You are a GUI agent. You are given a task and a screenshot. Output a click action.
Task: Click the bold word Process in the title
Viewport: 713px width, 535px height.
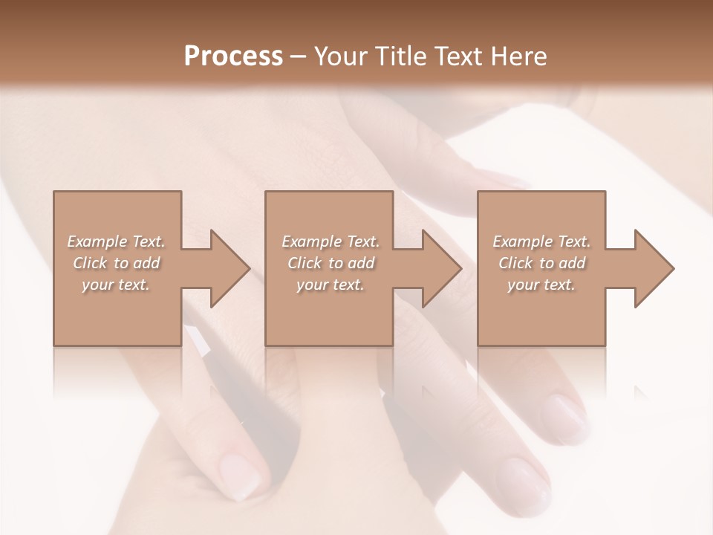[233, 56]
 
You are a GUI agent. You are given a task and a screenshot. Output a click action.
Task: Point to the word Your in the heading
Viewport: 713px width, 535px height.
[341, 56]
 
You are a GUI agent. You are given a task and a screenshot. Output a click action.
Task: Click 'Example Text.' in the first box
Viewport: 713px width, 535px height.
[116, 241]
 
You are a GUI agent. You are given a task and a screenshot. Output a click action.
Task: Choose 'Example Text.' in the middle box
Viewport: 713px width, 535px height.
[331, 241]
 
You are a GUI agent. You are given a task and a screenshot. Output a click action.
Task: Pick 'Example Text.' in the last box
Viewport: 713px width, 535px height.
[541, 241]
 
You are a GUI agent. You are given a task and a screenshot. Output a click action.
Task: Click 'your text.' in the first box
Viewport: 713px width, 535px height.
[116, 285]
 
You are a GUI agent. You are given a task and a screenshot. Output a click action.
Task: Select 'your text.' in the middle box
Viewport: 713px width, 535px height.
[331, 285]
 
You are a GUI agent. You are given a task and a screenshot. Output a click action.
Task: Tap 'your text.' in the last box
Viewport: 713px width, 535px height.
[541, 285]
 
